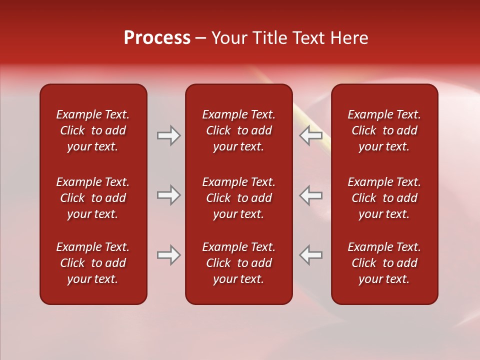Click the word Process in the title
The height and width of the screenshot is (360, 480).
click(157, 38)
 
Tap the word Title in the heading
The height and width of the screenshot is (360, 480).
click(270, 38)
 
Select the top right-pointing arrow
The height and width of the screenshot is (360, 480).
click(168, 135)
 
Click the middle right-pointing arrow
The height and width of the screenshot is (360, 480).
click(168, 195)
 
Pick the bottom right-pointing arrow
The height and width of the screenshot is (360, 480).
click(168, 255)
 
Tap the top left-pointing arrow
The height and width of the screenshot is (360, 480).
click(311, 135)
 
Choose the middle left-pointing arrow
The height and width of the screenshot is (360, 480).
click(311, 195)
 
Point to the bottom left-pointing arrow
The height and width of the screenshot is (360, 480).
click(311, 255)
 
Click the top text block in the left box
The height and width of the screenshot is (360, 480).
click(93, 130)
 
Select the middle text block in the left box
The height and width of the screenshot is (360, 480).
click(93, 198)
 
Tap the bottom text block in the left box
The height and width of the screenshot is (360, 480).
click(93, 263)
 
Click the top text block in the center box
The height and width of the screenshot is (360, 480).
click(239, 130)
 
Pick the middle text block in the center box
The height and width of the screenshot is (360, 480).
click(239, 198)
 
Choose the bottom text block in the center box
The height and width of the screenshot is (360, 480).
click(239, 263)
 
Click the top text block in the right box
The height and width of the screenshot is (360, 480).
click(384, 130)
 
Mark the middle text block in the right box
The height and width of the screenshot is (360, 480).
click(384, 198)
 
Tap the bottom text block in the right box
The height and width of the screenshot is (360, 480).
click(384, 263)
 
